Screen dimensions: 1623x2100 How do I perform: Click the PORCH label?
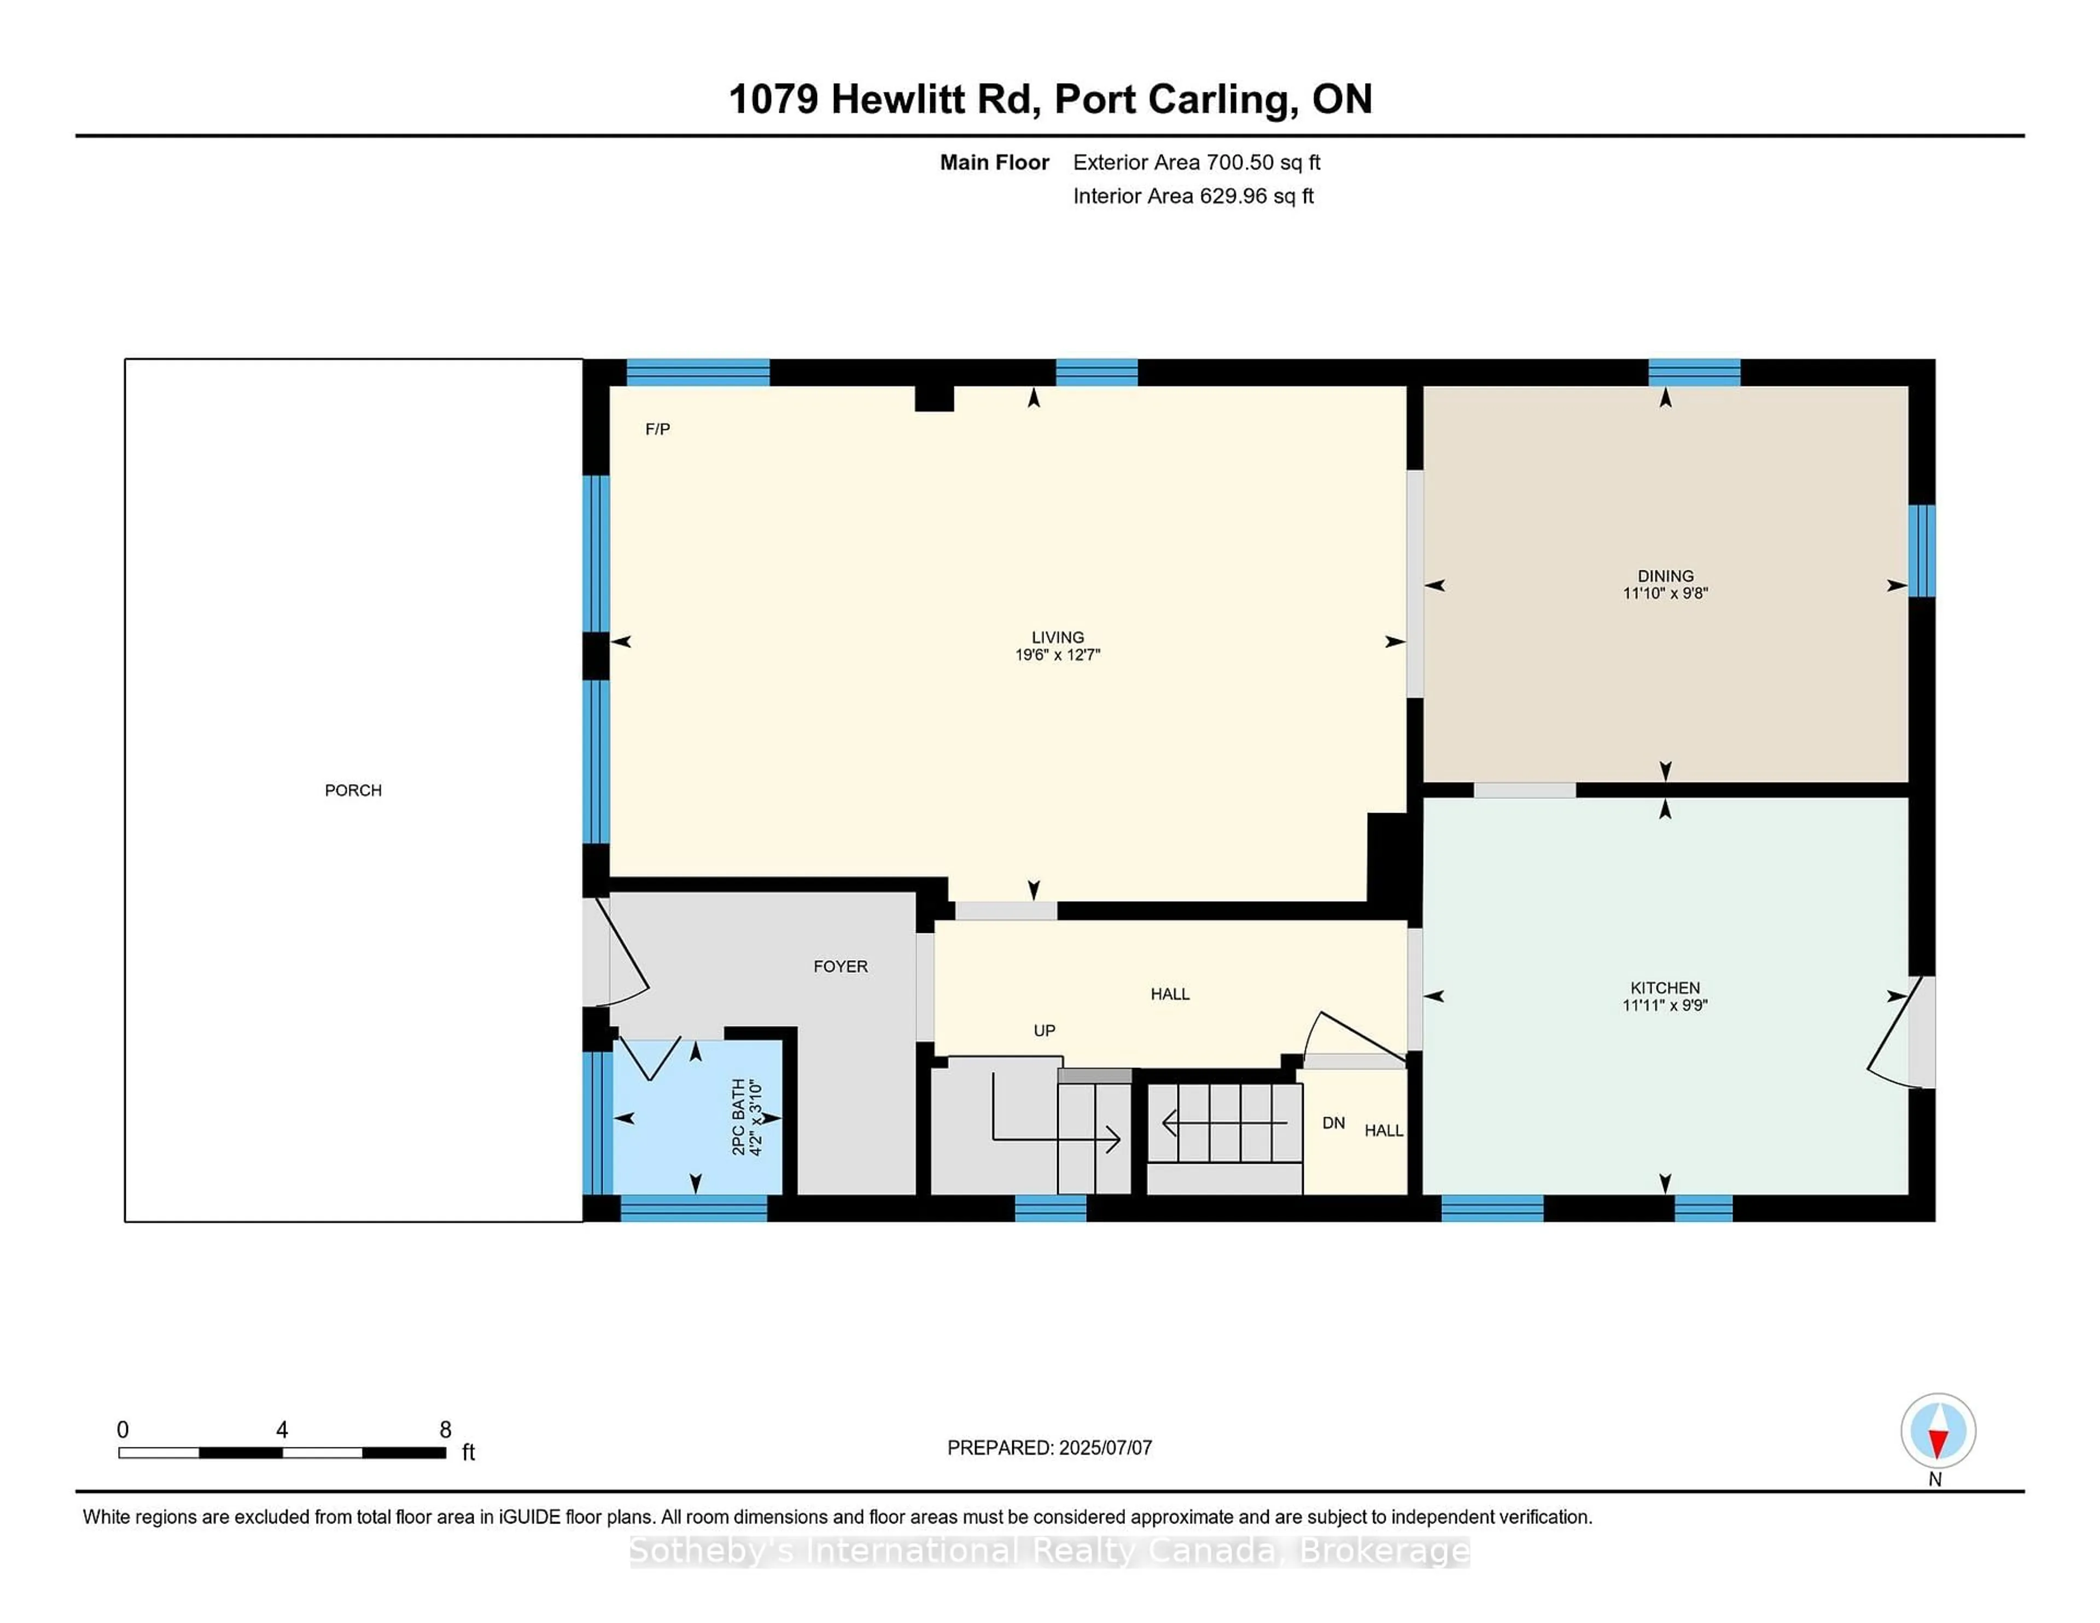coord(353,790)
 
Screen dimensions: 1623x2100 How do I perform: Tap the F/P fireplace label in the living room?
coord(658,429)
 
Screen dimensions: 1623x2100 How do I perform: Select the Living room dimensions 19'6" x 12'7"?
coord(1058,655)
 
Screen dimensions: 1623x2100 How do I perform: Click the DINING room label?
coord(1665,576)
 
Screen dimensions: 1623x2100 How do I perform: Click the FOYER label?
coord(841,966)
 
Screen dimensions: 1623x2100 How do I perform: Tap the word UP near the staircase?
coord(1044,1031)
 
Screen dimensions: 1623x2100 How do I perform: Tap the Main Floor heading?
coord(994,162)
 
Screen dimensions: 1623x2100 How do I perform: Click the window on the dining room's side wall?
coord(1921,551)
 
